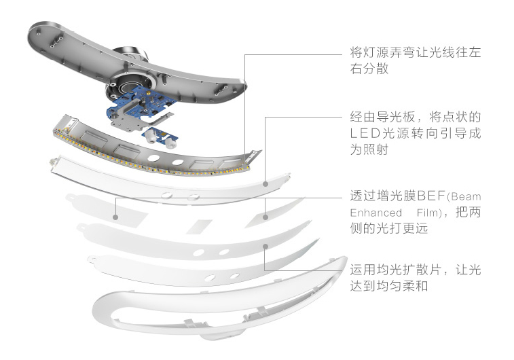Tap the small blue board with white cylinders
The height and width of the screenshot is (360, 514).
[x=155, y=135]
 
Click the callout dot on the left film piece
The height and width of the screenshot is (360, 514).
[x=116, y=218]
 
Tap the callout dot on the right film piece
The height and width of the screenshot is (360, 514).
[x=265, y=218]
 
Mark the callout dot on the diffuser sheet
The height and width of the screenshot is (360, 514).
[x=263, y=247]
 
